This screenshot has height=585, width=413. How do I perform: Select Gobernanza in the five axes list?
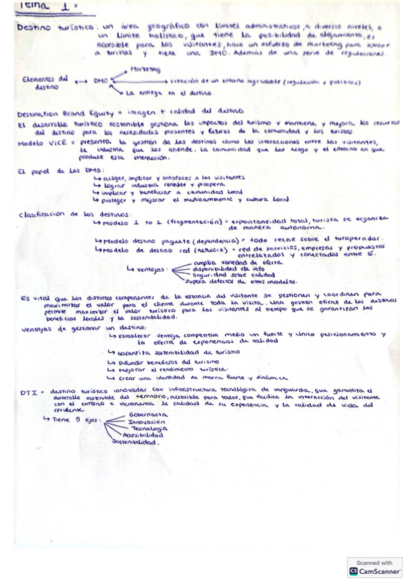point(144,415)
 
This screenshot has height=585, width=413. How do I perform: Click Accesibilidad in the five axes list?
point(143,436)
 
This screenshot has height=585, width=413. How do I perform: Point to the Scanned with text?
point(374,562)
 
